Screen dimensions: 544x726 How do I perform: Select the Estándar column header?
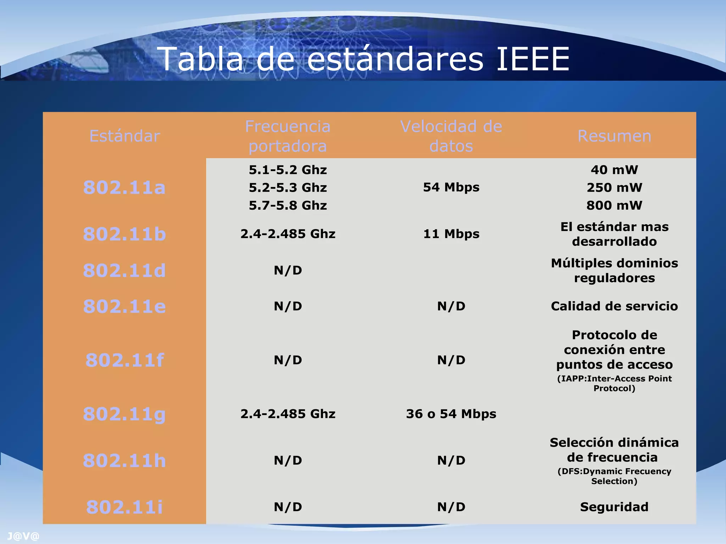124,136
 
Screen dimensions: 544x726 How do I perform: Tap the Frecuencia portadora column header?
287,136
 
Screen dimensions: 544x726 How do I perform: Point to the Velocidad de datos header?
451,136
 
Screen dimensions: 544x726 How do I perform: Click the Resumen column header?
614,136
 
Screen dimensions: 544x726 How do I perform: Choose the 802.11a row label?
124,187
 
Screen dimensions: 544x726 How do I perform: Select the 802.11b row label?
124,234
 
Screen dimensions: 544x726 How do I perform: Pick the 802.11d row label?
124,271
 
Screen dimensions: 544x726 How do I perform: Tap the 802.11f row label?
124,360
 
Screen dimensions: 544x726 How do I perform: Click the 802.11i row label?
124,507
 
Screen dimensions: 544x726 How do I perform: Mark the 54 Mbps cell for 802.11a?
451,187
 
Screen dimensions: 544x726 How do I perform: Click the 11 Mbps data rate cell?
451,234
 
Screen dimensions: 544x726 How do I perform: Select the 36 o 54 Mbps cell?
451,414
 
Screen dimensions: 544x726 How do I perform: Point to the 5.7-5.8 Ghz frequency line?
287,205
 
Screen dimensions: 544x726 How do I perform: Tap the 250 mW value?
614,187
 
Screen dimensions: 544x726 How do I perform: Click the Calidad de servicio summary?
614,306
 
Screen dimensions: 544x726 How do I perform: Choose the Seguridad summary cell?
614,507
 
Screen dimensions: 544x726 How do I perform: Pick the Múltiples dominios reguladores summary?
614,271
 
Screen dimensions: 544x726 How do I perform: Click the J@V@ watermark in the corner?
23,536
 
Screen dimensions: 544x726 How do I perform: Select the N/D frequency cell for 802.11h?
287,460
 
